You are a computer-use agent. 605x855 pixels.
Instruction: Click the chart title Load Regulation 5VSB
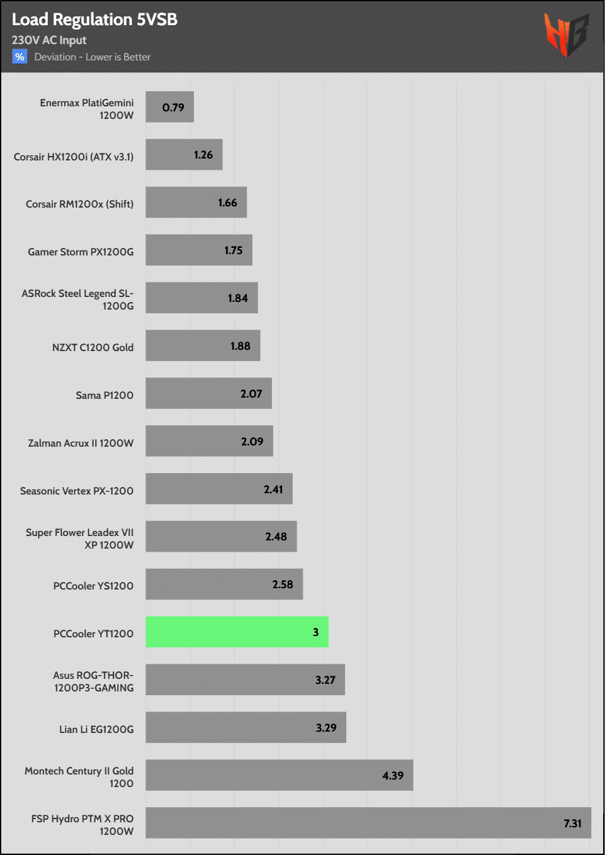tap(94, 20)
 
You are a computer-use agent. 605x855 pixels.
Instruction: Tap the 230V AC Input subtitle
tap(49, 40)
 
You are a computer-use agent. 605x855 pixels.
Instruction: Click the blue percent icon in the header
tap(20, 57)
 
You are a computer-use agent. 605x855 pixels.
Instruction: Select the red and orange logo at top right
tap(566, 35)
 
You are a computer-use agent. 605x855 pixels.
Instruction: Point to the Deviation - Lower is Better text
tap(93, 57)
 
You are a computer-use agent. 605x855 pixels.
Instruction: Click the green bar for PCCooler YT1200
tap(237, 632)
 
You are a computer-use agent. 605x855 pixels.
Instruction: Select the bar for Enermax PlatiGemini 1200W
tap(169, 107)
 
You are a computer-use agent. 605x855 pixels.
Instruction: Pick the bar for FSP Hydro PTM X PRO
tap(368, 823)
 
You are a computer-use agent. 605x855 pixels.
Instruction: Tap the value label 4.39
tap(393, 776)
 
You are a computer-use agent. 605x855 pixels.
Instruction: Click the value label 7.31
tap(572, 824)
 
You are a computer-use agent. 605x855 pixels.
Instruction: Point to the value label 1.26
tap(203, 155)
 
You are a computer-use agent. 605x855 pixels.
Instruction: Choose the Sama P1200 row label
tap(105, 395)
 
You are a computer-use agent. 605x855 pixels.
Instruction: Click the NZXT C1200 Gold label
tap(93, 347)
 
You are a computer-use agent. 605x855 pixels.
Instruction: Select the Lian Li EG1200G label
tap(96, 729)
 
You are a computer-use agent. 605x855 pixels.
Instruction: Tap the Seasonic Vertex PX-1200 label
tap(77, 491)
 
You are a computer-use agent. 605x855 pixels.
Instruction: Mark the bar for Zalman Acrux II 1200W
tap(209, 441)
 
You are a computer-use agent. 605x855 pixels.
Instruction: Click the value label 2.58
tap(283, 584)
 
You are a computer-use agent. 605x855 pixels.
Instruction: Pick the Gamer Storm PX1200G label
tap(81, 252)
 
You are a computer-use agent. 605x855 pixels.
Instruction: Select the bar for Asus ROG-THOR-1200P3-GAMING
tap(245, 679)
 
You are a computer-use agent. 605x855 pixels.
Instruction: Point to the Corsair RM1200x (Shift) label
tap(79, 204)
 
